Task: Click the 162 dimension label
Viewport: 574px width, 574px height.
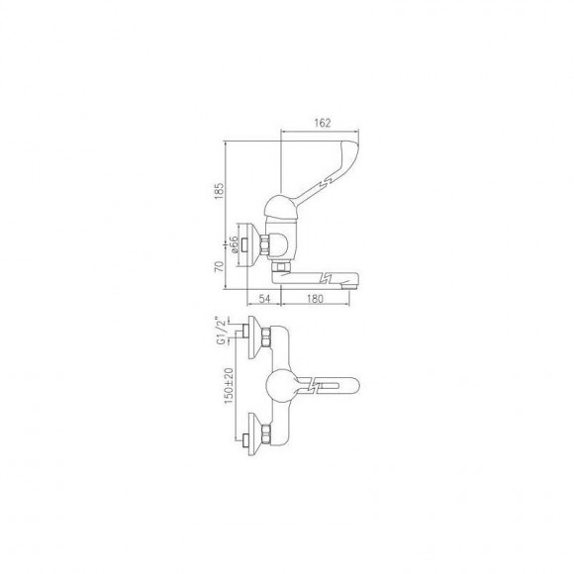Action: [x=323, y=123]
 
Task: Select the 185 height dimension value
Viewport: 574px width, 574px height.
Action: [x=219, y=191]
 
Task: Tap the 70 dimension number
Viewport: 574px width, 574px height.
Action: [x=219, y=266]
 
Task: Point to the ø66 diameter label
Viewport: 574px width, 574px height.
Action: [x=234, y=244]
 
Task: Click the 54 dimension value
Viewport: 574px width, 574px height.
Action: [x=264, y=299]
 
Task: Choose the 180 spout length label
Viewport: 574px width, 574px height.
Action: [x=315, y=299]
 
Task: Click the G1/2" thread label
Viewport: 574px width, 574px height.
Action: [x=221, y=331]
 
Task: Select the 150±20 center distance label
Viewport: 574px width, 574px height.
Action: [x=229, y=386]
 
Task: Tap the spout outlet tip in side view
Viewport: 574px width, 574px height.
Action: [x=349, y=284]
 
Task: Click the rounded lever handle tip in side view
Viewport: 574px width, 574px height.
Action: [x=351, y=147]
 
